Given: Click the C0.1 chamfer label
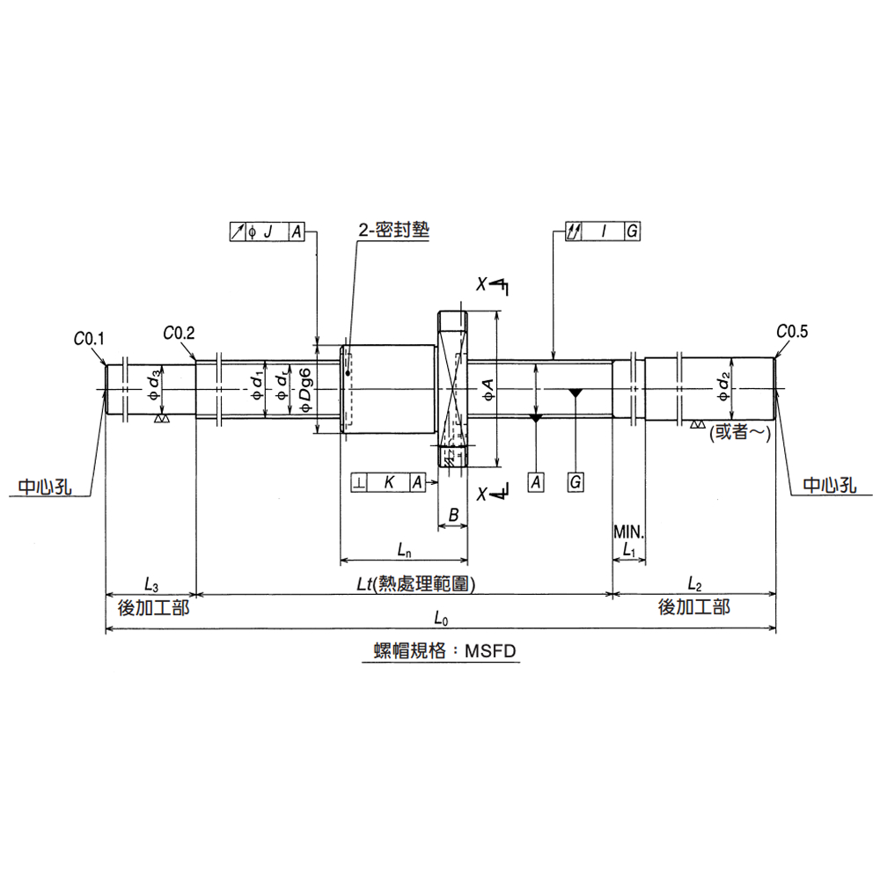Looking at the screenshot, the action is click(x=89, y=339).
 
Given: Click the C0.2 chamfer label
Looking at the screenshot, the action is click(x=179, y=333).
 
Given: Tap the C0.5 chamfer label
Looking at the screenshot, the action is click(x=792, y=332).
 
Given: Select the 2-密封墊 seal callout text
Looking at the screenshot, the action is click(x=394, y=230).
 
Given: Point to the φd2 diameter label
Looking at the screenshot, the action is click(x=724, y=387).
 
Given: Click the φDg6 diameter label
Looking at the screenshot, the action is click(x=305, y=390).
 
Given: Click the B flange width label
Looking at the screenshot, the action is click(x=453, y=515).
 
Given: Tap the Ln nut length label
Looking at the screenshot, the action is click(x=405, y=549).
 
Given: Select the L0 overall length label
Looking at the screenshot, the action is click(x=441, y=619).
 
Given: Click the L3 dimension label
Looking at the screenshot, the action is click(x=151, y=584).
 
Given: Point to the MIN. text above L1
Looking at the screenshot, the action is click(x=629, y=532).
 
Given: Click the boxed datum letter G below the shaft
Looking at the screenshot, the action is click(x=576, y=482).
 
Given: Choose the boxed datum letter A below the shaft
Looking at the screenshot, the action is click(x=536, y=482).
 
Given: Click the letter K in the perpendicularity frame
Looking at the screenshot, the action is click(x=389, y=482).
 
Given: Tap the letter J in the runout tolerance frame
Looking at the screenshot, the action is click(x=268, y=231).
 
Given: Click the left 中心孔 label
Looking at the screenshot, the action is click(x=45, y=486).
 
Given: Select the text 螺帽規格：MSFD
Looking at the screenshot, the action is click(x=444, y=651).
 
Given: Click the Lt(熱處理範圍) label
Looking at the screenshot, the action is click(x=416, y=583).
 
